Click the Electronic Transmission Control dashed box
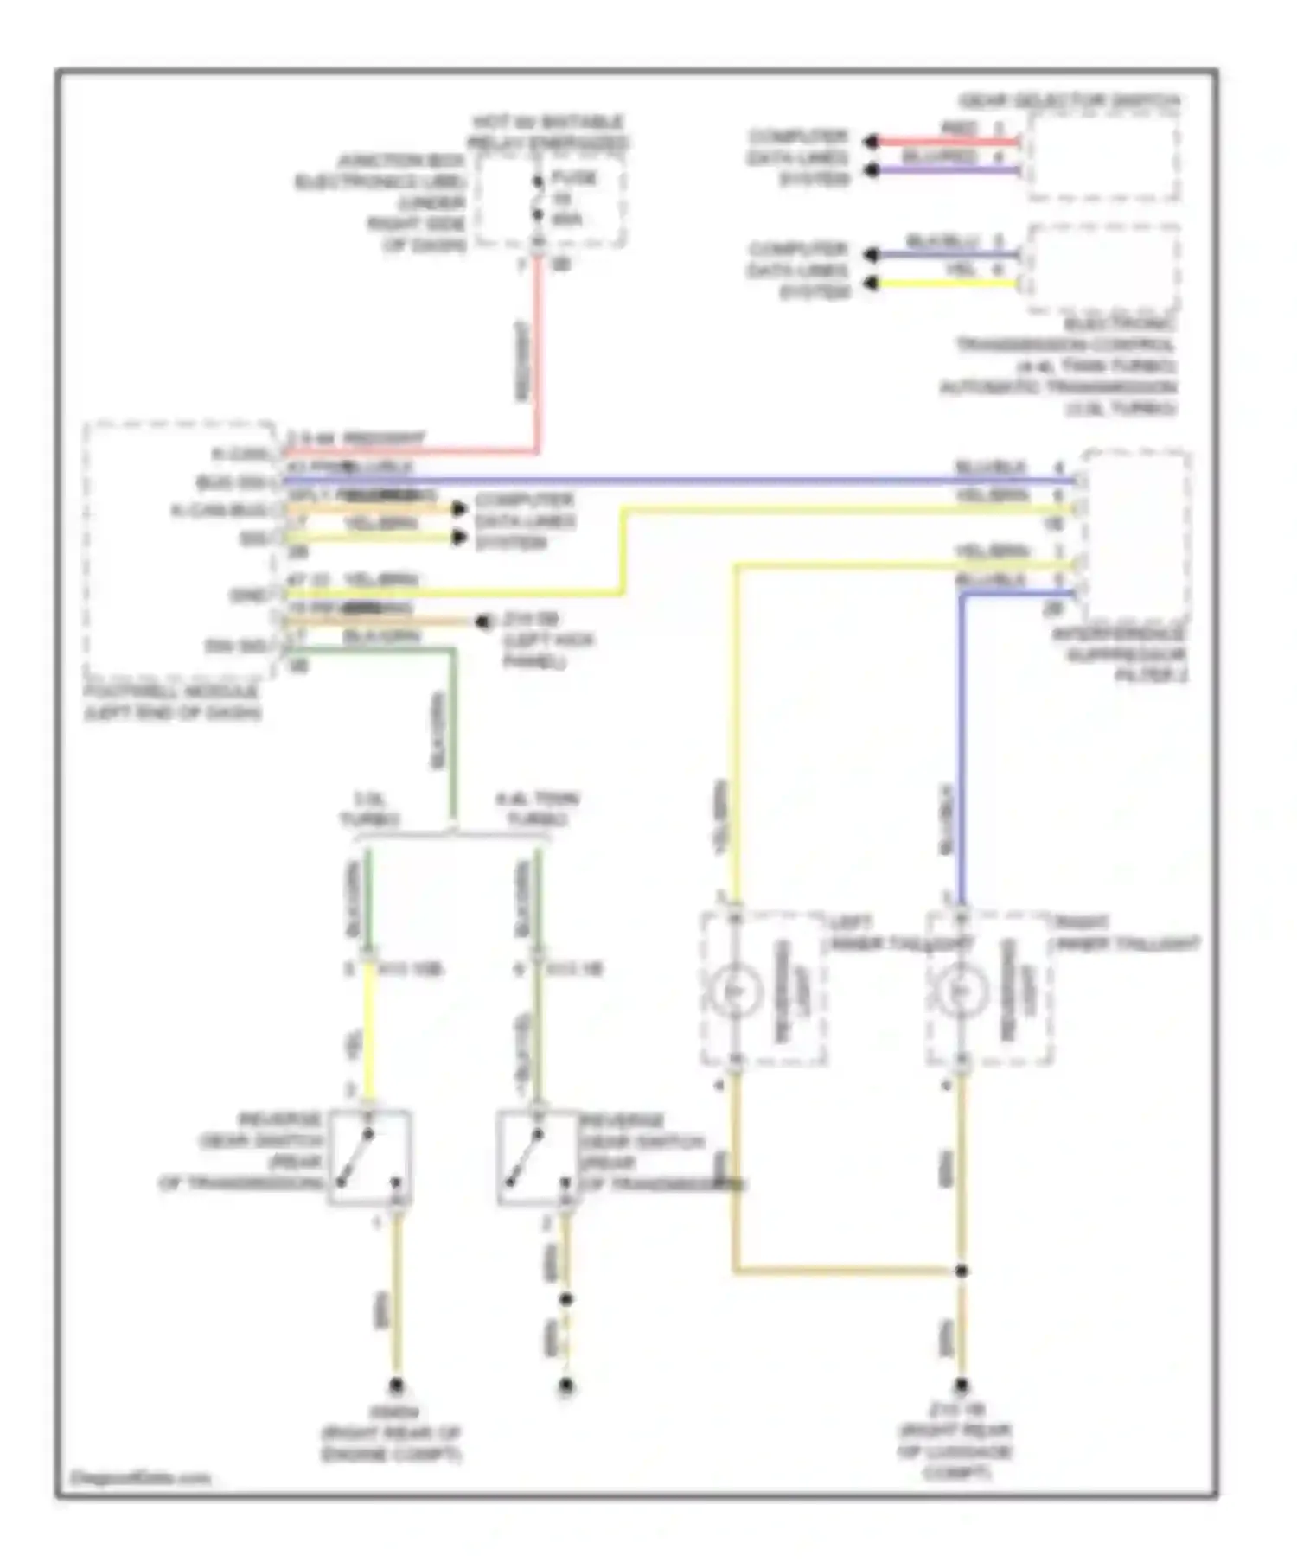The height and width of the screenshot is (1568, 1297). click(1102, 270)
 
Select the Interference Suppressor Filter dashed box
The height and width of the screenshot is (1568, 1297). click(1137, 536)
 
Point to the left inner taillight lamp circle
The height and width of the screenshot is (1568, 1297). click(736, 990)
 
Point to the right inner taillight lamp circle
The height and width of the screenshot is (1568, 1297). click(960, 990)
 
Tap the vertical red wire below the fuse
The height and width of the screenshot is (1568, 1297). click(538, 354)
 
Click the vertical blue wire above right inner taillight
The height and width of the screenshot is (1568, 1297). click(961, 752)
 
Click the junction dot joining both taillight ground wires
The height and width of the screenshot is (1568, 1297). click(961, 1271)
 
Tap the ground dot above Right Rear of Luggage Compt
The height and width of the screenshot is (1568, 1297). click(961, 1386)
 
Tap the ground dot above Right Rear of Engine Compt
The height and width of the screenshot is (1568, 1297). click(396, 1386)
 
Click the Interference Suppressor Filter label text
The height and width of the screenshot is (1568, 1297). click(1120, 654)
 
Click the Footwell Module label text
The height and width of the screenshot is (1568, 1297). click(173, 703)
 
